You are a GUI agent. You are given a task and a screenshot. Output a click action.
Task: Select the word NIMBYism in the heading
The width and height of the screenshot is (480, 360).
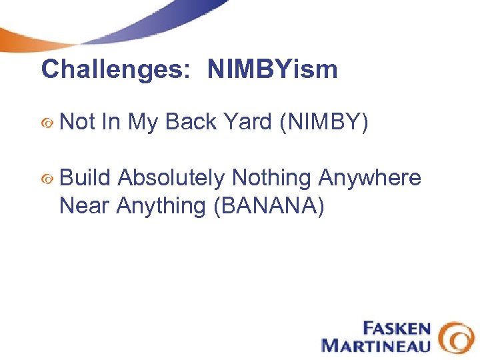tap(273, 69)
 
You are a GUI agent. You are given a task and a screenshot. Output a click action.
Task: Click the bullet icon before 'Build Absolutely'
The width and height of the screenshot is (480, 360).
tap(46, 179)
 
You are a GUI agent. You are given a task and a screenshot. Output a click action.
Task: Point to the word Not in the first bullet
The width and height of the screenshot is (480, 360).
tap(77, 122)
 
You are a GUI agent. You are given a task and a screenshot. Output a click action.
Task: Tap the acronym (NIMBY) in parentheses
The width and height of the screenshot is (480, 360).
tap(321, 123)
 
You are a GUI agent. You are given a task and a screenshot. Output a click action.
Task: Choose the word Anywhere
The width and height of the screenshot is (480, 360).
tap(370, 178)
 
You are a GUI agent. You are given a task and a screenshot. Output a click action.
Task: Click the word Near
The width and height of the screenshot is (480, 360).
tap(84, 206)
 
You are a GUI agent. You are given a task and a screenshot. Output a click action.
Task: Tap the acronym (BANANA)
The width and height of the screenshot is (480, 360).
tap(269, 207)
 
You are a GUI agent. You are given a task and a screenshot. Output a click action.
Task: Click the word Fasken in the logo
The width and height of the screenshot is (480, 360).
tap(396, 329)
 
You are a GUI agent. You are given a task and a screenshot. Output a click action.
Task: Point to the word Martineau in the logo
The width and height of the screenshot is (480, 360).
tap(377, 345)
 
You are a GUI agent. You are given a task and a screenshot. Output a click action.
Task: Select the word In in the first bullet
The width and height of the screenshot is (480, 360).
tap(111, 122)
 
